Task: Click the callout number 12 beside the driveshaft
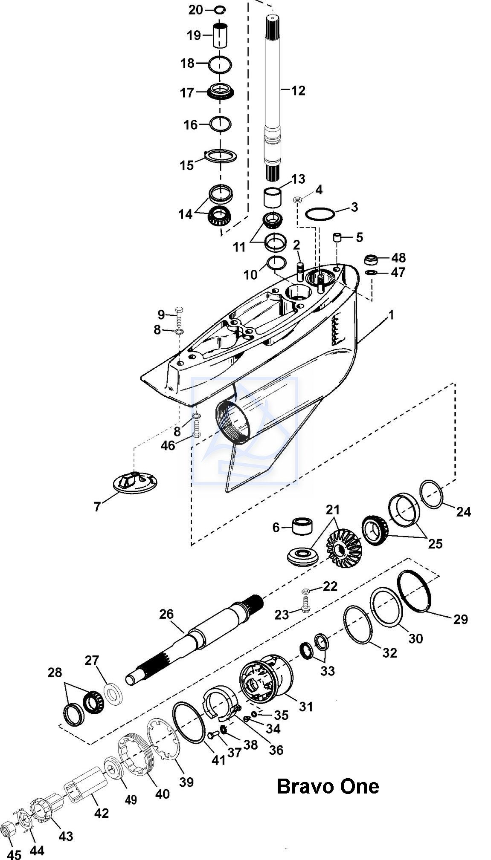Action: tap(299, 90)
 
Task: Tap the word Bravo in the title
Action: tap(304, 786)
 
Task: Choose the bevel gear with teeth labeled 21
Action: tap(343, 548)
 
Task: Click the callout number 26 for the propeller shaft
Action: tap(166, 614)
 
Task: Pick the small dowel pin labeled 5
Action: tap(338, 238)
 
